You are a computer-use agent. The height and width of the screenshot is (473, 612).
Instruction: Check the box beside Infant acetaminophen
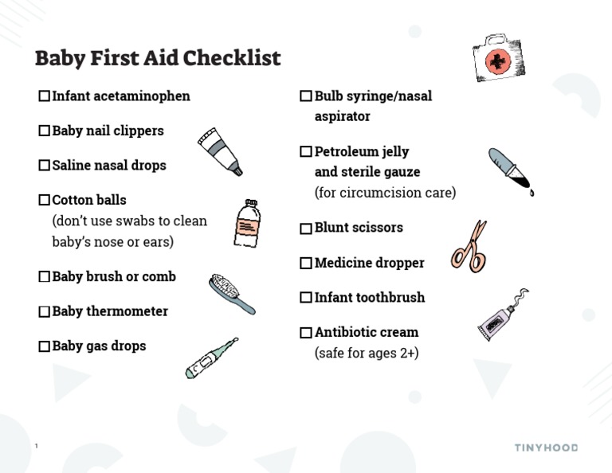pos(44,96)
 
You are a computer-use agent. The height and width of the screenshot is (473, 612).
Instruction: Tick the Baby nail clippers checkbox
pos(44,131)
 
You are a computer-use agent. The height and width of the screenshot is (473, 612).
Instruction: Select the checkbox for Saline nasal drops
pos(44,166)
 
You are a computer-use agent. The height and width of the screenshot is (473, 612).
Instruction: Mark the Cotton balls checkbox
pos(44,200)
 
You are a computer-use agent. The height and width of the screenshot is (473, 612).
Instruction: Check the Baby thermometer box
pos(44,311)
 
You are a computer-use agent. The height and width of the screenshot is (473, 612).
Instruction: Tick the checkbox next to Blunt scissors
pos(306,228)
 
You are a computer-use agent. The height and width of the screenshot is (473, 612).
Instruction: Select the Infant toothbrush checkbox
pos(306,298)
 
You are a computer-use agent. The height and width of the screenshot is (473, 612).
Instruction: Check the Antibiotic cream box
pos(306,332)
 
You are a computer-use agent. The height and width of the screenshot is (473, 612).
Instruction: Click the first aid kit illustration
pos(499,57)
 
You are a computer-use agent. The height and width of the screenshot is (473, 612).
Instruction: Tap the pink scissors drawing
pos(470,248)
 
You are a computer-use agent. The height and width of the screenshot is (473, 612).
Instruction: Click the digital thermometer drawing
pos(211,358)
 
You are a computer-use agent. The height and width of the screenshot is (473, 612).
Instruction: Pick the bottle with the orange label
pos(246,224)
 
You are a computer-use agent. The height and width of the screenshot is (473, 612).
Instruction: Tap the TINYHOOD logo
pos(545,448)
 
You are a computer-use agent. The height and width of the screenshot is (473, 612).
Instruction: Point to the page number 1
pos(37,447)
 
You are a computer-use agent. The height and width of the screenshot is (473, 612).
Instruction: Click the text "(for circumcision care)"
pos(385,193)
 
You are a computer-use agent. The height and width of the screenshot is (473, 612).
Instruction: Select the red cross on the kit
pos(498,61)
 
